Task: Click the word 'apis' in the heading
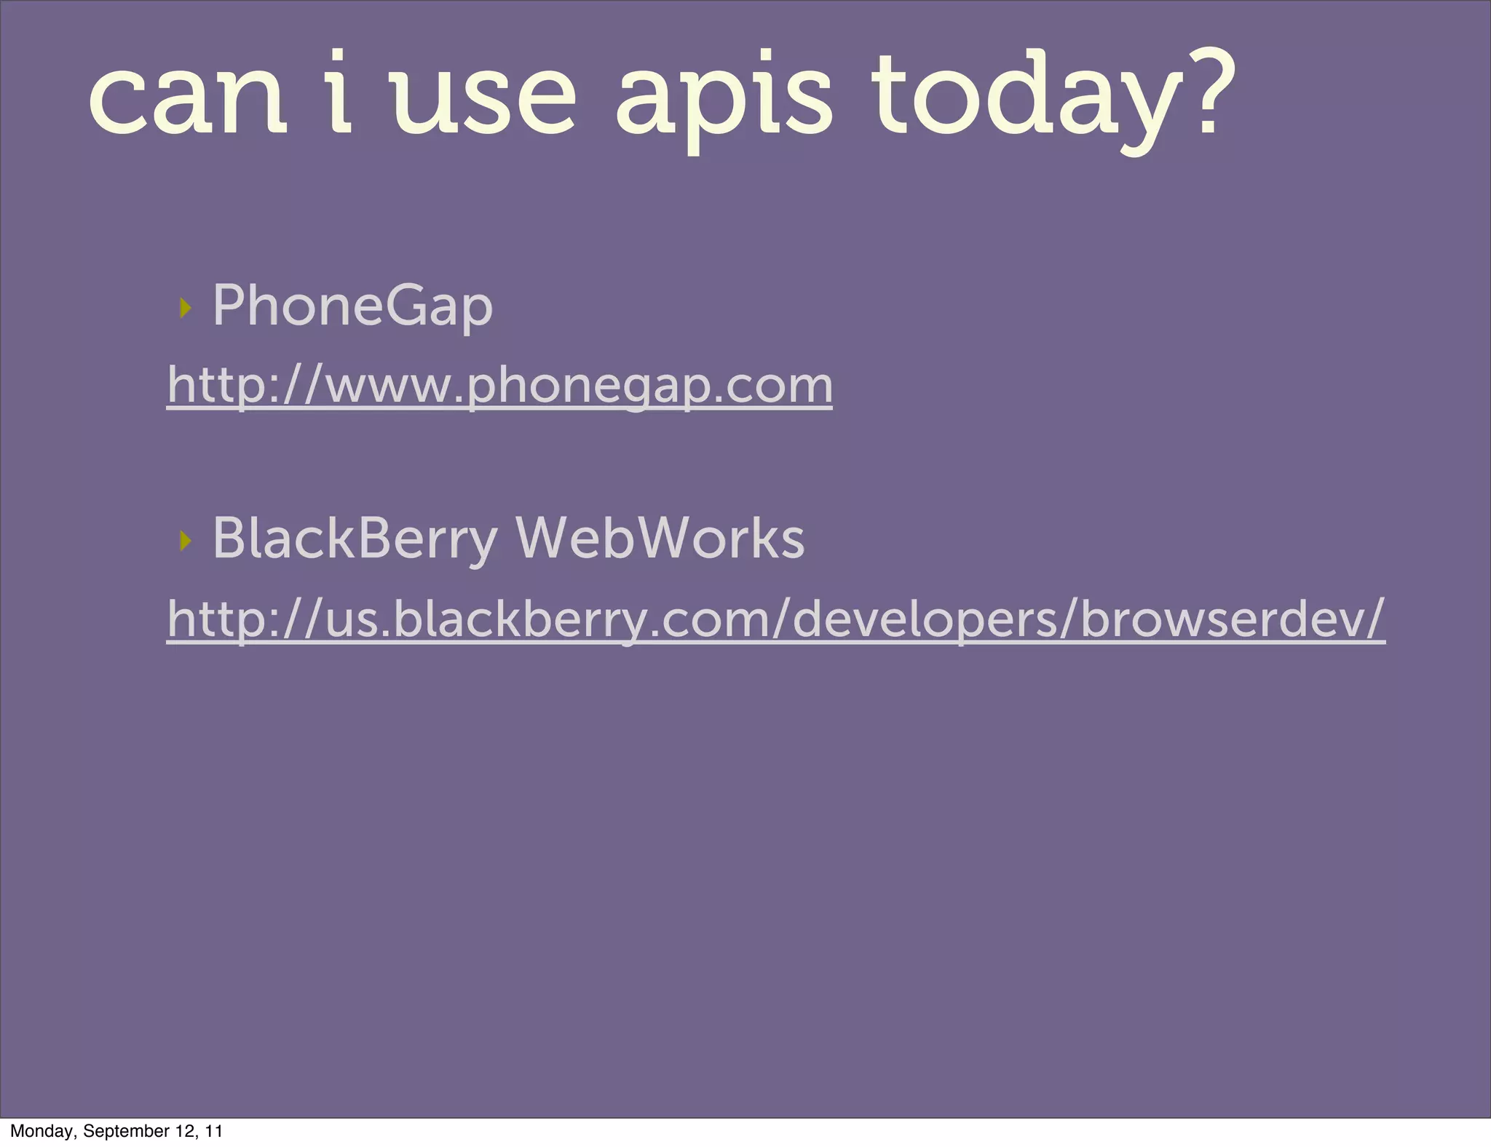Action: click(x=724, y=101)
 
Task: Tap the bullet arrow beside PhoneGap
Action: click(x=186, y=308)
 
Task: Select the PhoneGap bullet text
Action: click(x=352, y=306)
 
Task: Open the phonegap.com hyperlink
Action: click(x=499, y=385)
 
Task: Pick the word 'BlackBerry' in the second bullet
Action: click(x=355, y=539)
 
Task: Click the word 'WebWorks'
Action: click(x=660, y=538)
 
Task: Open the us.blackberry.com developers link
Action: click(x=776, y=619)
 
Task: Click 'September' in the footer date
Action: click(x=127, y=1131)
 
